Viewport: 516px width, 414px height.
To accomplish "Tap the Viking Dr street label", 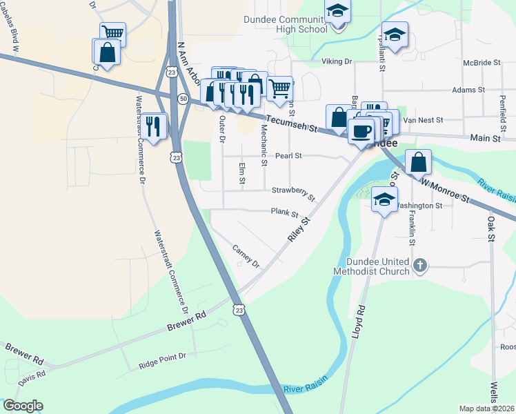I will click(337, 61).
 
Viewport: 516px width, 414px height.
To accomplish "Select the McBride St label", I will click(482, 62).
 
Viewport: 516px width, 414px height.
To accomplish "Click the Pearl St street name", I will click(289, 156).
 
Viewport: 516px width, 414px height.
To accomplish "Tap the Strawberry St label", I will click(292, 192).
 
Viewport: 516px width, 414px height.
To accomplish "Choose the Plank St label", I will click(284, 214).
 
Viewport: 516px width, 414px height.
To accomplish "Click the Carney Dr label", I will click(246, 257).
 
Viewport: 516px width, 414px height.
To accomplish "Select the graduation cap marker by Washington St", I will click(384, 200).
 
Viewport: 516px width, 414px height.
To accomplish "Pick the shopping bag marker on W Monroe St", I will click(418, 163).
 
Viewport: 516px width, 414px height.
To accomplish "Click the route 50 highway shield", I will click(183, 99).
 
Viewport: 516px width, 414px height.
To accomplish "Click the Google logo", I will click(23, 406).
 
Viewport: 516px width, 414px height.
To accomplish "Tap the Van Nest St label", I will click(422, 120).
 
